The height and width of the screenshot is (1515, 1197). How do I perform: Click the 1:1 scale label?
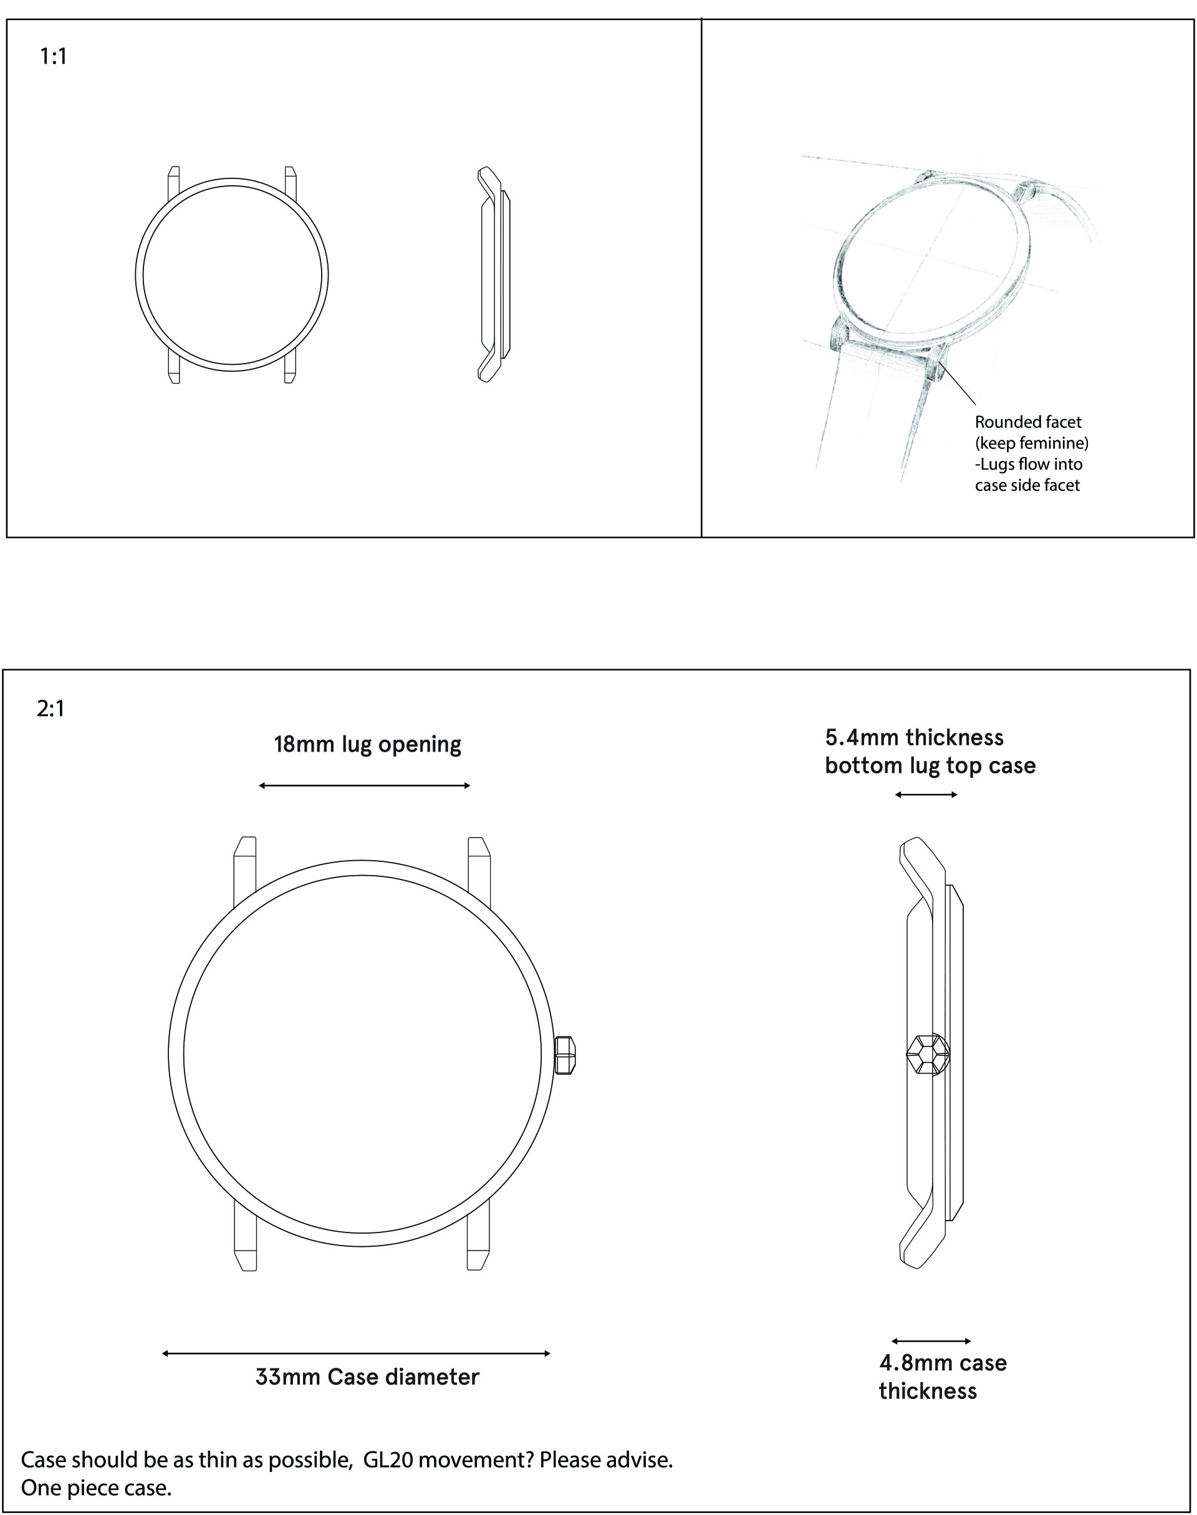coord(53,56)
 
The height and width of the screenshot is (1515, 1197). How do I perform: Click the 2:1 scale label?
coord(50,709)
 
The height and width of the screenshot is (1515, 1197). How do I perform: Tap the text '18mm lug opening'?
coord(367,745)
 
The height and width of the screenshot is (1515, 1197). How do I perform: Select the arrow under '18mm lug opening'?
coord(365,786)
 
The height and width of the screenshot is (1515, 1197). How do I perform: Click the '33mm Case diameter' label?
coord(367,1377)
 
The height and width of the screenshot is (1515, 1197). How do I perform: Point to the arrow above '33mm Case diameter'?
coord(356,1353)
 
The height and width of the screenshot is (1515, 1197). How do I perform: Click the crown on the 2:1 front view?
coord(565,1055)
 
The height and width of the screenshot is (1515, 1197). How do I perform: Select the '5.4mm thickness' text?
coord(914,737)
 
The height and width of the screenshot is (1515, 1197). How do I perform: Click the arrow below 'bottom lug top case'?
coord(926,795)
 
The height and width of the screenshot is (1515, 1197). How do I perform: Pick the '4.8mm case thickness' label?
coord(942,1377)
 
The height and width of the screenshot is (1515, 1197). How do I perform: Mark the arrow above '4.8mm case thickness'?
coord(931,1341)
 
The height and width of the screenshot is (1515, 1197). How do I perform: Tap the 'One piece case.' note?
coord(96,1487)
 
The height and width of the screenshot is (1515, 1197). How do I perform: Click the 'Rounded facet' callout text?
coord(1027,422)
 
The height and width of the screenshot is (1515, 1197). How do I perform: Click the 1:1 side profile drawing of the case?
coord(493,275)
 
